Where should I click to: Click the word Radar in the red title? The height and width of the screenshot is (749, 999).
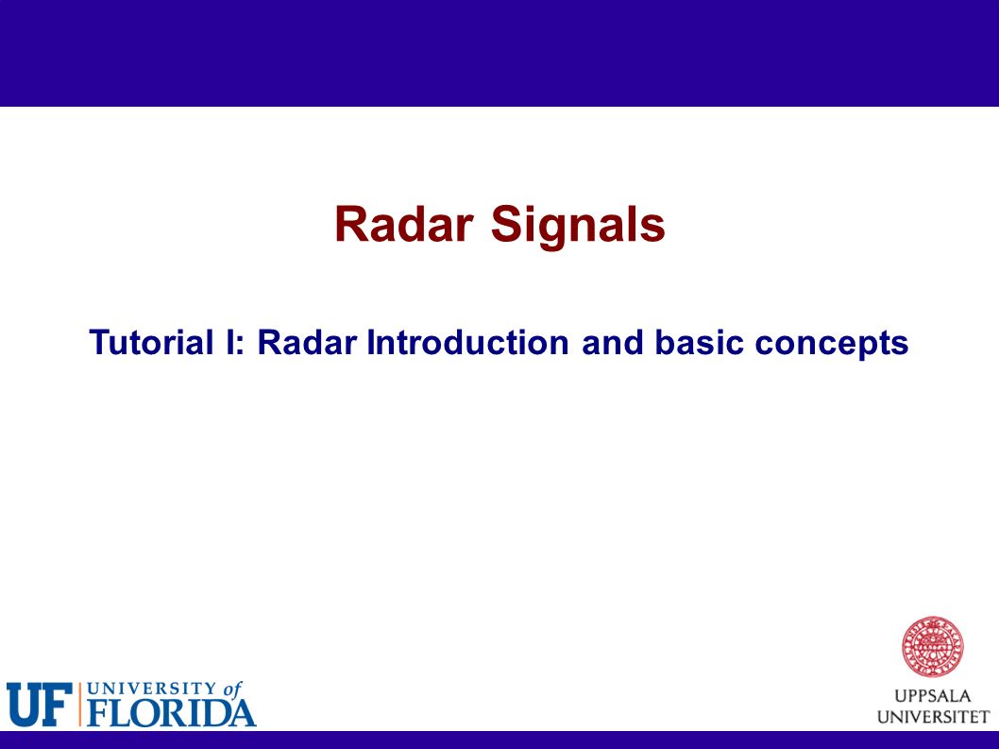[x=403, y=225]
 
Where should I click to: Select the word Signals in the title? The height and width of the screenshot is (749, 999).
[x=578, y=228]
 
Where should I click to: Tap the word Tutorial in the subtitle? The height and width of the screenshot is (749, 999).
[x=152, y=342]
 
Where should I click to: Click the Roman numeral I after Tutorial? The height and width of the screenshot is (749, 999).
[x=229, y=342]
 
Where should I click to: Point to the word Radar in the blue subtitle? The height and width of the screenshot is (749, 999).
[x=307, y=342]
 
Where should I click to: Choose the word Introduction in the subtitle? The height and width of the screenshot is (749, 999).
[x=467, y=342]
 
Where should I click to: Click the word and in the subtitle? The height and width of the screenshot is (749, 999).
[x=612, y=342]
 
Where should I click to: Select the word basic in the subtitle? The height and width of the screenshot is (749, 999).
[x=699, y=342]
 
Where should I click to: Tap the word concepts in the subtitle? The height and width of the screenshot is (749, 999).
[x=832, y=345]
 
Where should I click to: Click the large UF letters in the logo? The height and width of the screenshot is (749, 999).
[x=39, y=705]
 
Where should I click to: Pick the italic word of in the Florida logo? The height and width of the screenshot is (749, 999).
[x=232, y=689]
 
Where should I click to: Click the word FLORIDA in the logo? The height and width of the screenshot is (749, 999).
[x=172, y=713]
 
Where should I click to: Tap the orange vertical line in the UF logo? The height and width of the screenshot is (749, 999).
[x=79, y=705]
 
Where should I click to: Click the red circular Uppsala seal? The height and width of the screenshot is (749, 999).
[x=932, y=647]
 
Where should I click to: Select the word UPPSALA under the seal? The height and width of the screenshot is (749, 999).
[x=932, y=696]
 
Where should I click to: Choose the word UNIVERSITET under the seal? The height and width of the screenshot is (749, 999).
[x=933, y=717]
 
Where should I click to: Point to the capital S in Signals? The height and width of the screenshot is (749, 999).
[x=505, y=225]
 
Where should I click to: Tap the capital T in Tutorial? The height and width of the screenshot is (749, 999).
[x=101, y=342]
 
